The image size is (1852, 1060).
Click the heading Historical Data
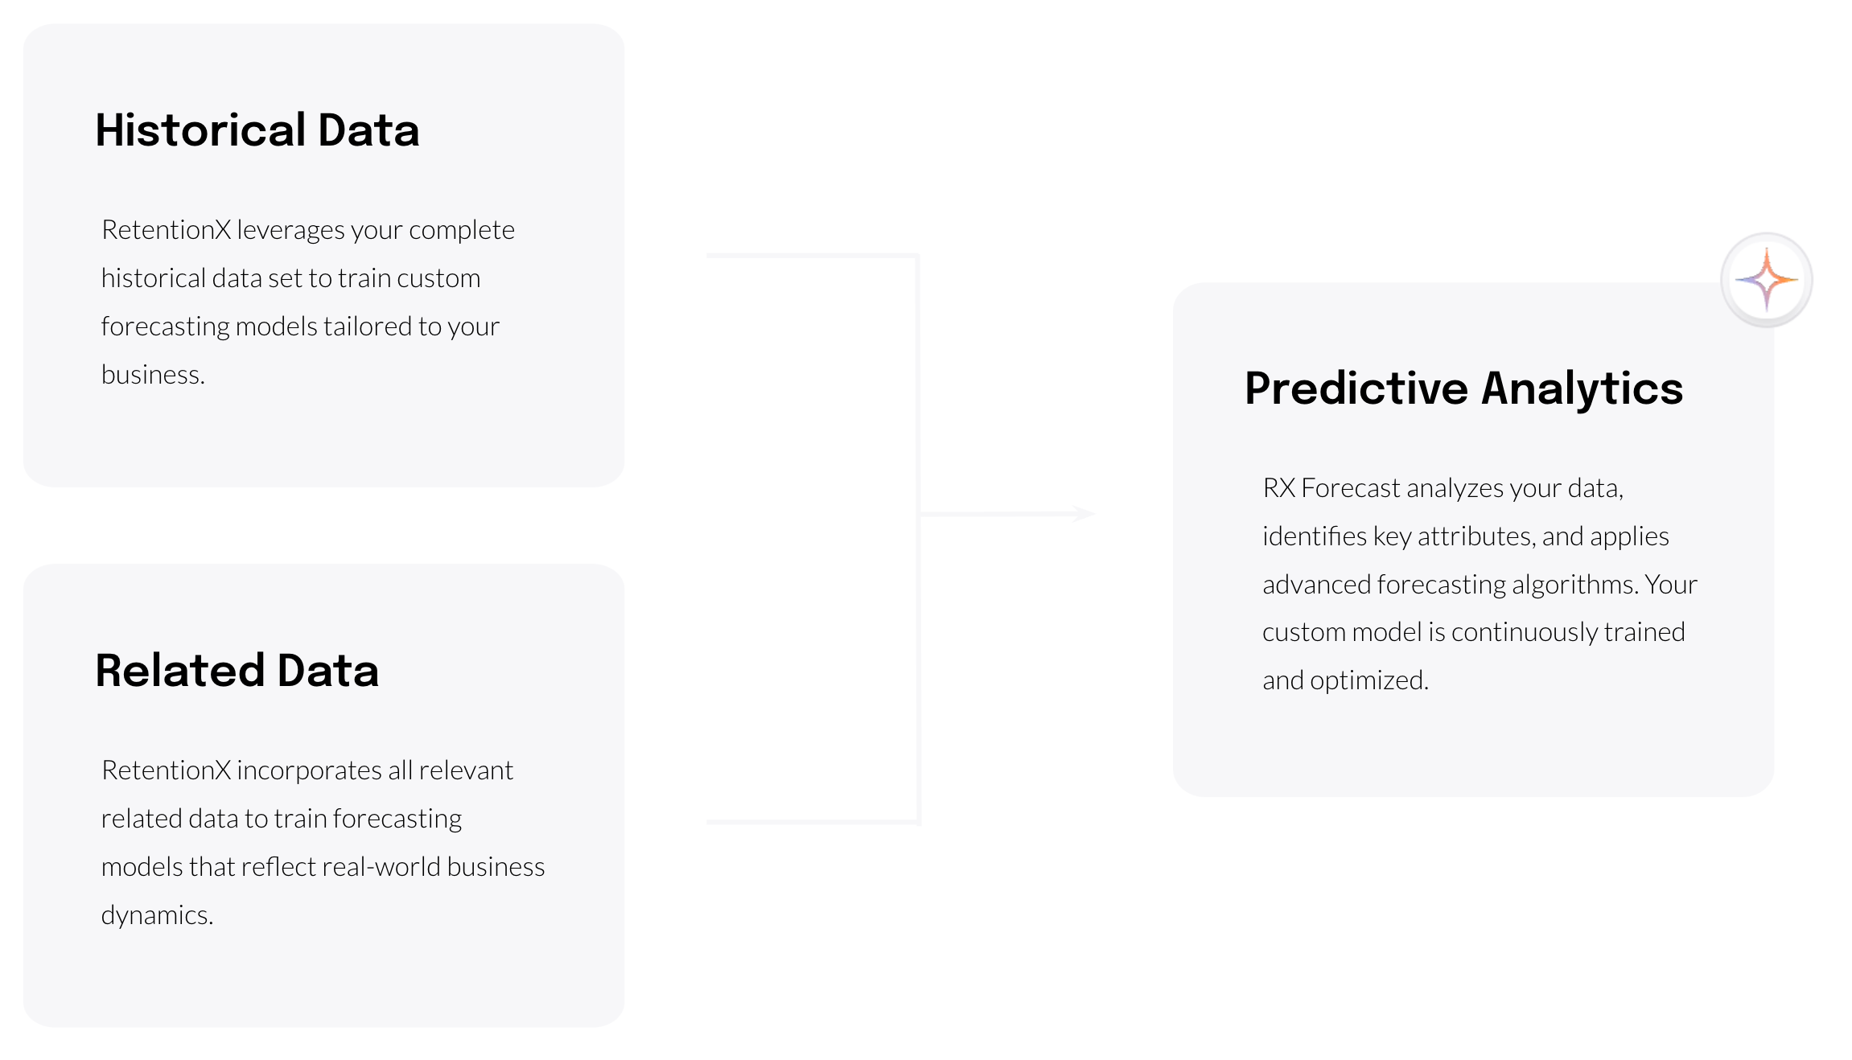coord(257,130)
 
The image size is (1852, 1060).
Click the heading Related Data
coord(237,671)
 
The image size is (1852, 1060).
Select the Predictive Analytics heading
coord(1463,388)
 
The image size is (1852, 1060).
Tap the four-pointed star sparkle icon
coord(1766,280)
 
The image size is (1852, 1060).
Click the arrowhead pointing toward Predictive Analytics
coord(1084,513)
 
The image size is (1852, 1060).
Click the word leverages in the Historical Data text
coord(290,230)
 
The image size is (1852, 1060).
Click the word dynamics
coord(156,915)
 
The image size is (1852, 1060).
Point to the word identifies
coord(1314,536)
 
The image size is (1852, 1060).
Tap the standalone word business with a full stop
coord(152,375)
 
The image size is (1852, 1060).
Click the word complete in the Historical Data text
coord(461,230)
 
